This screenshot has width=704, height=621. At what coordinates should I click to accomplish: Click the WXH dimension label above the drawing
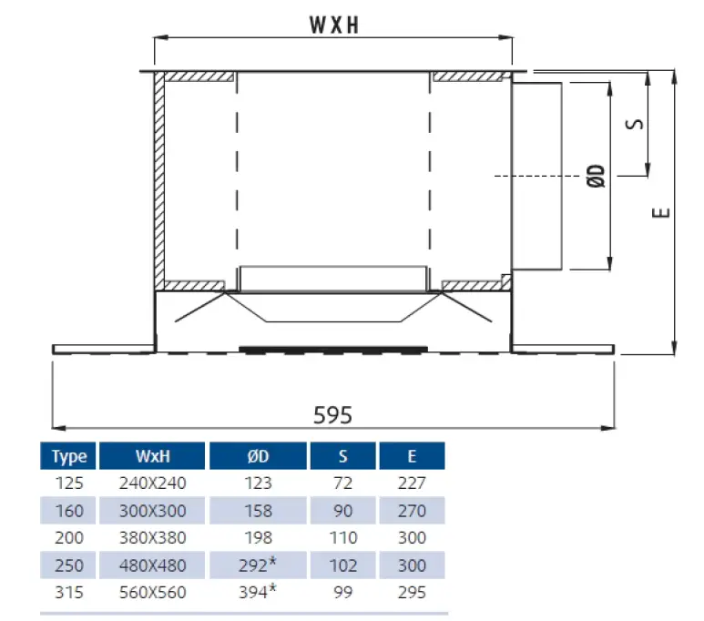[332, 25]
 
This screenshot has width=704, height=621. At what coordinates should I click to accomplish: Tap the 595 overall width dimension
[332, 414]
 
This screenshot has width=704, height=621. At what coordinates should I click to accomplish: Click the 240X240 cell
[152, 484]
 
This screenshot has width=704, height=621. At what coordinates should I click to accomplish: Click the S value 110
[343, 539]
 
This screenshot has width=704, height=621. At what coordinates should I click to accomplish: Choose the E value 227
[412, 484]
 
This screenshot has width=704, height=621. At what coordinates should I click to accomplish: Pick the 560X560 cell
[152, 593]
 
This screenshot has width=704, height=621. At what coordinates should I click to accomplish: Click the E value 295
[412, 593]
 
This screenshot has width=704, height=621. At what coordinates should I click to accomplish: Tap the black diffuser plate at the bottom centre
[332, 349]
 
